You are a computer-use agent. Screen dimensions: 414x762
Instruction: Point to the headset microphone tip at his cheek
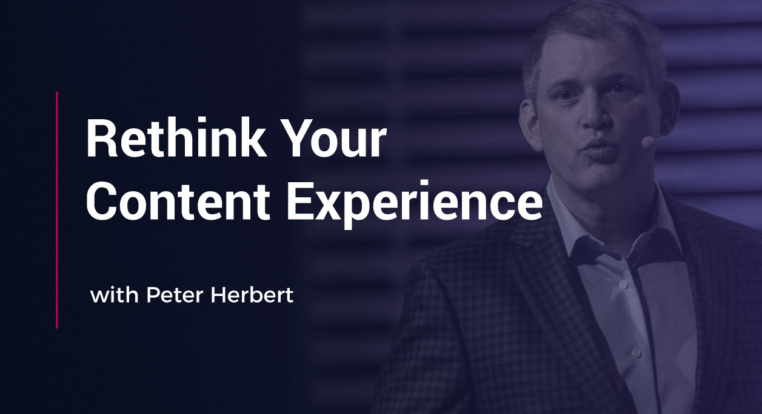click(x=648, y=142)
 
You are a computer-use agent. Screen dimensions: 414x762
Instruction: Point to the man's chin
click(x=600, y=176)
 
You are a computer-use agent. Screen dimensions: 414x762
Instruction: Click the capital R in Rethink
click(x=99, y=139)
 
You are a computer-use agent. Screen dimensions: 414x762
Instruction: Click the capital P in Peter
click(x=152, y=296)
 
